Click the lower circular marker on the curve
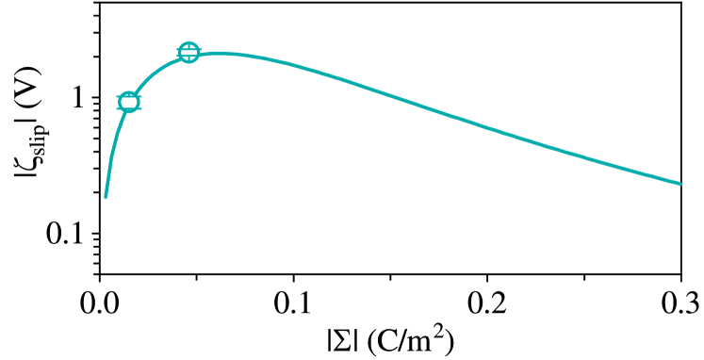[x=129, y=102]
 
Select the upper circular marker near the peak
[x=188, y=52]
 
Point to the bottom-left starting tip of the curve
[x=106, y=196]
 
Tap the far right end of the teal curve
[x=679, y=183]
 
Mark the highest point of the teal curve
[x=222, y=53]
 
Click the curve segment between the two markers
[x=156, y=71]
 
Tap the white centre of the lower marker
[x=129, y=102]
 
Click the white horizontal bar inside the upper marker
[x=188, y=52]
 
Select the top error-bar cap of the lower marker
[x=129, y=93]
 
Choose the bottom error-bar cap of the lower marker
[x=129, y=110]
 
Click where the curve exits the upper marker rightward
[x=200, y=54]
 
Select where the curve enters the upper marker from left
[x=178, y=57]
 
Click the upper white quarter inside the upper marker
[x=188, y=46]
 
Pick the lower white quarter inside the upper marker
[x=188, y=57]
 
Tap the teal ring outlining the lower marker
[x=120, y=102]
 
